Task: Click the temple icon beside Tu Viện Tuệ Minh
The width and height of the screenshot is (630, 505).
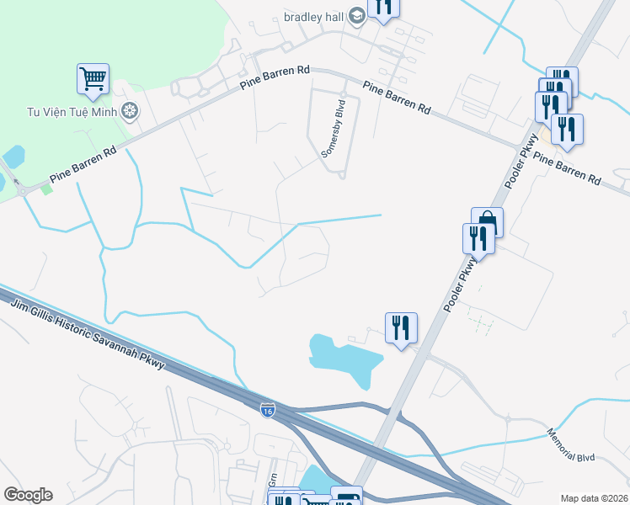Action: coord(130,109)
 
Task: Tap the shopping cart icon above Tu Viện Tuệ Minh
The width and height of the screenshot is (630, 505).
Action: coord(93,78)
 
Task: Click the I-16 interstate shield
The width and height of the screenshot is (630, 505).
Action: coord(267,410)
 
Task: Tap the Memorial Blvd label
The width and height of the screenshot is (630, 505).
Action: coord(570,445)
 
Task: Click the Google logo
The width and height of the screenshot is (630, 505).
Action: coord(28,495)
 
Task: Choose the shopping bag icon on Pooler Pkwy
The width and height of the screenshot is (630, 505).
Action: coord(487,222)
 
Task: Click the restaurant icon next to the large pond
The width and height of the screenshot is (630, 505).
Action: coord(401,327)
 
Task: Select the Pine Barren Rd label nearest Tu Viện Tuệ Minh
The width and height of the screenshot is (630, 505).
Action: coord(83,167)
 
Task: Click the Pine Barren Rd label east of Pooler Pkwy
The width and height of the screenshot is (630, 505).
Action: coord(570,167)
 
